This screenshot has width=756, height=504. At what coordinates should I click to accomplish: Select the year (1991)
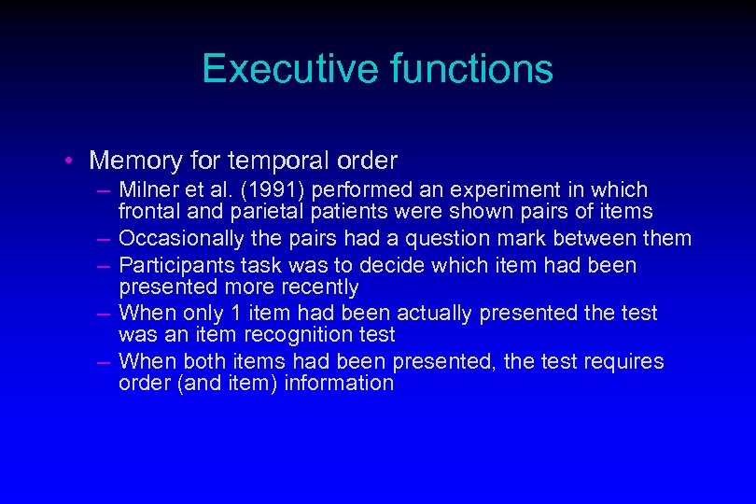pos(267,190)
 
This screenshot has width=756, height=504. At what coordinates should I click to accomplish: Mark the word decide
pos(386,265)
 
